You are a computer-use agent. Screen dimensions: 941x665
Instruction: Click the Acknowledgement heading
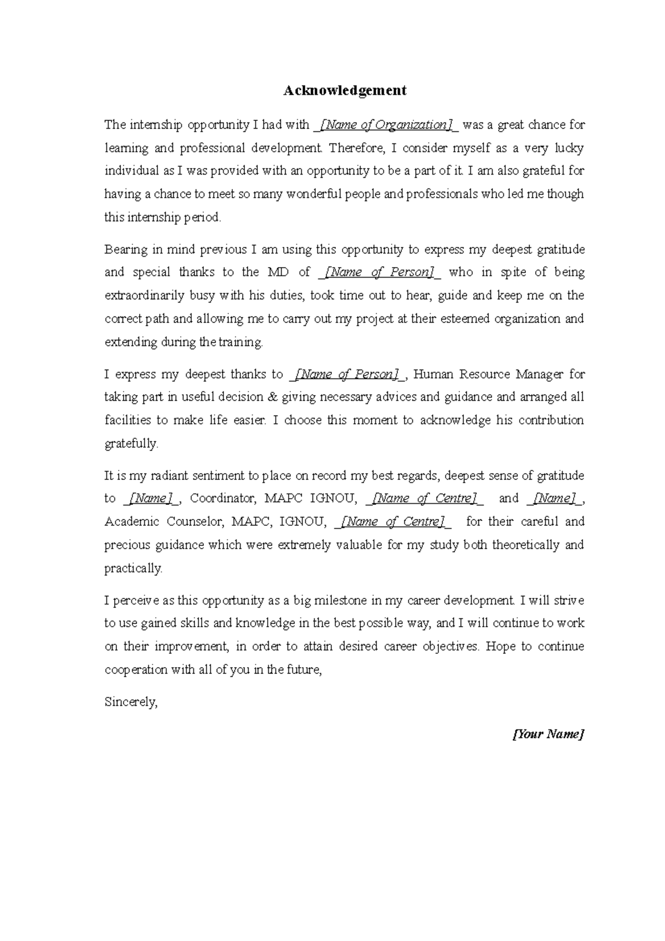(345, 90)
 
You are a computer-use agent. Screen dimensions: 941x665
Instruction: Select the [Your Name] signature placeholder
(548, 734)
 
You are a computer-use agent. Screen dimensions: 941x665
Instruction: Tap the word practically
(134, 568)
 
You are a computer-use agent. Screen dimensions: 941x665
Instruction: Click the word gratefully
(131, 443)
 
